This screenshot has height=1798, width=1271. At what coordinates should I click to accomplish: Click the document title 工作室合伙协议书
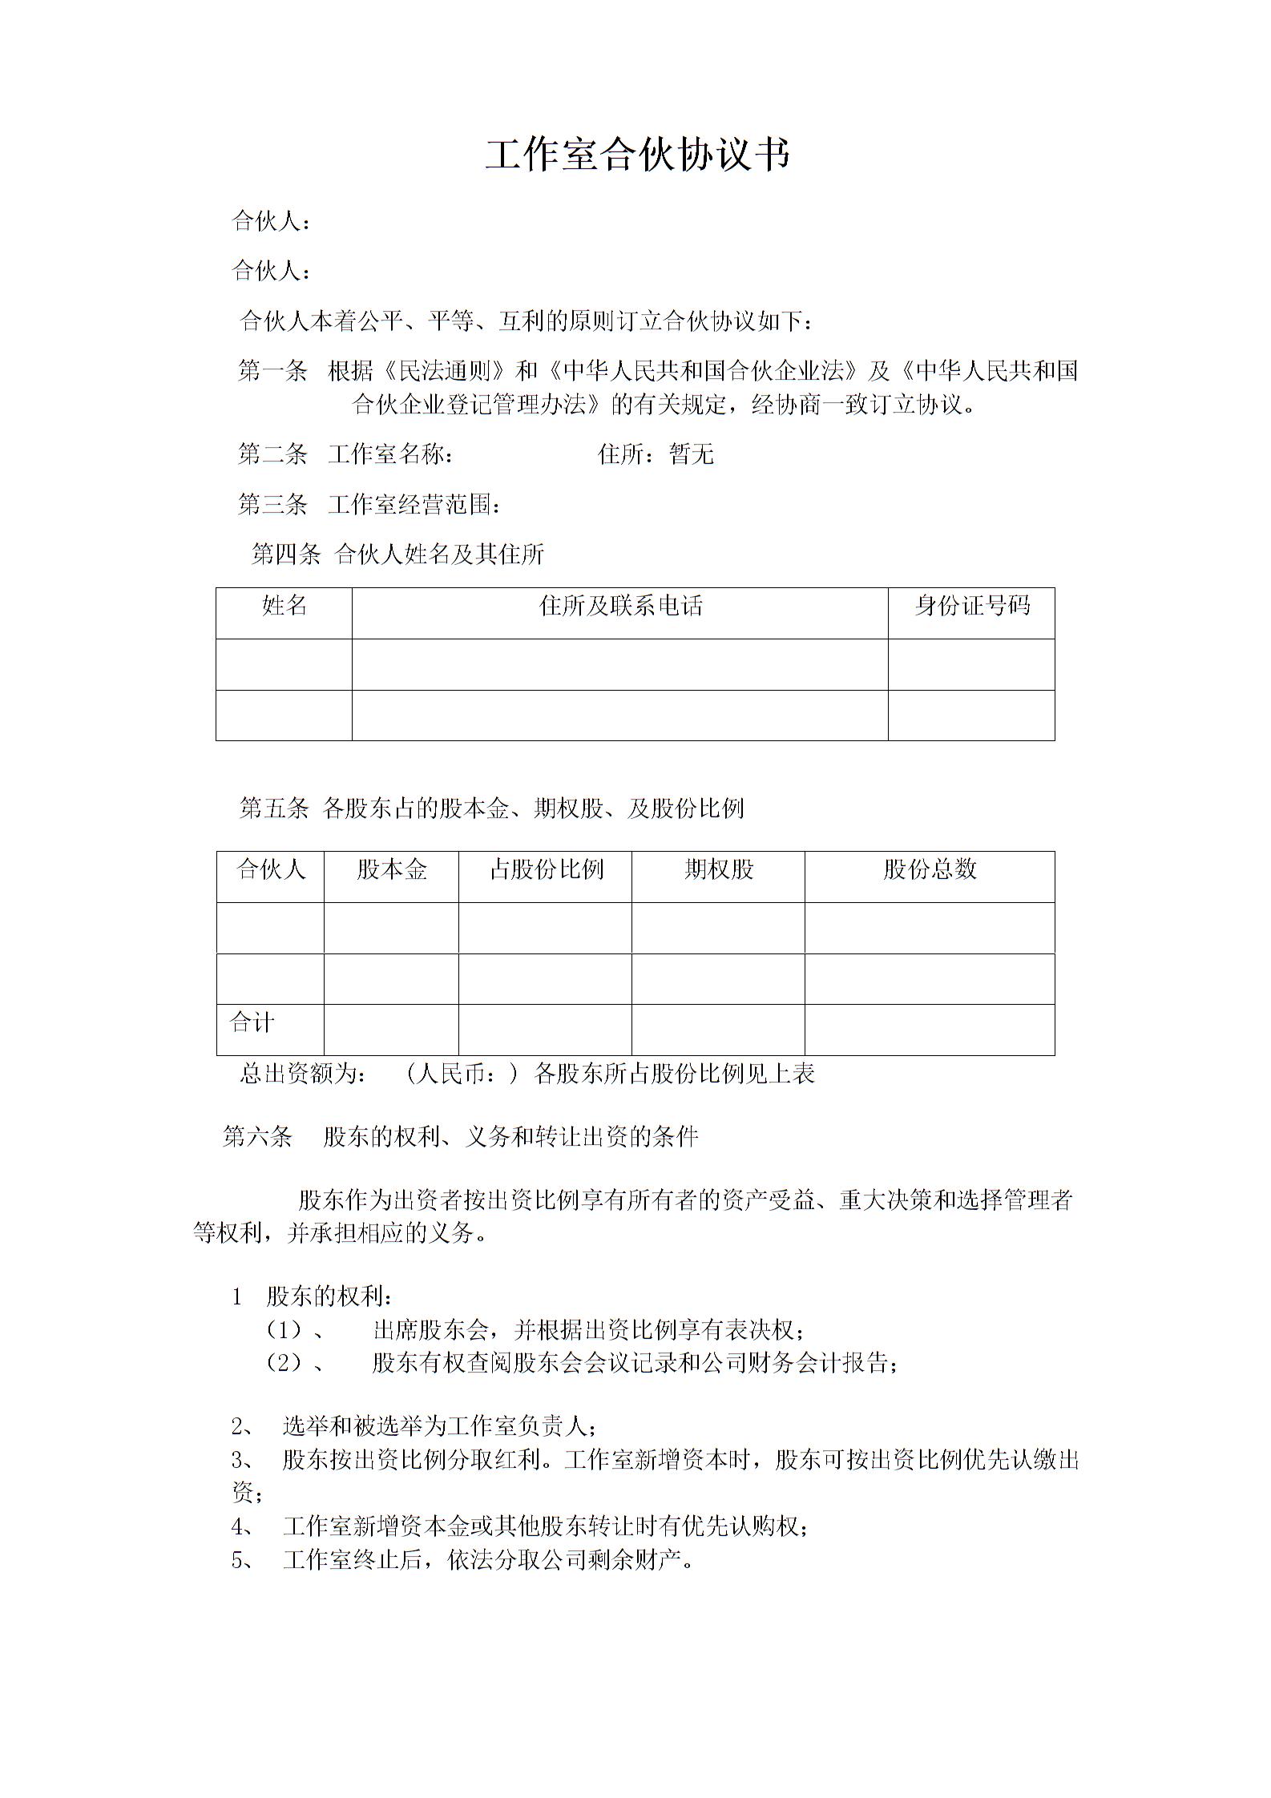pyautogui.click(x=637, y=155)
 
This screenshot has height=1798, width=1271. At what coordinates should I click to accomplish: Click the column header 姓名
pyautogui.click(x=284, y=606)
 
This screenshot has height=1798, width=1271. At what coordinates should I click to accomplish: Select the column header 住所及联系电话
pyautogui.click(x=620, y=606)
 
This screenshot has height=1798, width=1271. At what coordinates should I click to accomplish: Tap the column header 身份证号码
pyautogui.click(x=971, y=606)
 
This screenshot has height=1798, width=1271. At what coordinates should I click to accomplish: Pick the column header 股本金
pyautogui.click(x=391, y=869)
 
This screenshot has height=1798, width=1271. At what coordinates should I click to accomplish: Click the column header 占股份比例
pyautogui.click(x=546, y=869)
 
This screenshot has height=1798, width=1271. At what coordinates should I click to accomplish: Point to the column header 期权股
pyautogui.click(x=718, y=869)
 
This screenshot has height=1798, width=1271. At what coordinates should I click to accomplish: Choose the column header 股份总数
pyautogui.click(x=930, y=869)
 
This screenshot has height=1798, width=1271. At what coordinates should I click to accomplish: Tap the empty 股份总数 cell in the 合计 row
pyautogui.click(x=930, y=1030)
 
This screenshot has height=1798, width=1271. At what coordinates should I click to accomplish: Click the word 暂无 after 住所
pyautogui.click(x=691, y=455)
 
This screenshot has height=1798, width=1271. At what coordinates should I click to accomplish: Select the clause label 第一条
pyautogui.click(x=272, y=371)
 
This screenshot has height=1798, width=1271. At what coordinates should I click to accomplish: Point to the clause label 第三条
pyautogui.click(x=272, y=505)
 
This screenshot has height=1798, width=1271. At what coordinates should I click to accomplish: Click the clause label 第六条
pyautogui.click(x=257, y=1136)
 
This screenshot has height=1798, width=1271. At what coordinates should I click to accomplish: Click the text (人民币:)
pyautogui.click(x=462, y=1074)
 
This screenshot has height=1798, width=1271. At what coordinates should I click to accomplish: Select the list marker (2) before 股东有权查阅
pyautogui.click(x=284, y=1363)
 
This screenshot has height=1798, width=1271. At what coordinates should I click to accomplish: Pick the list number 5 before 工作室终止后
pyautogui.click(x=238, y=1560)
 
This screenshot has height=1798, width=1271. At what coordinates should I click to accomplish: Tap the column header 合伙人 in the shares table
pyautogui.click(x=271, y=869)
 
